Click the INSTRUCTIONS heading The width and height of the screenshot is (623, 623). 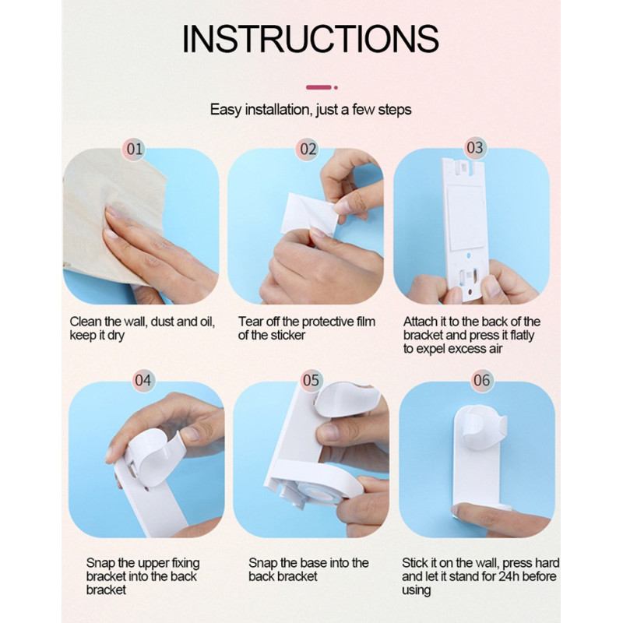[310, 38]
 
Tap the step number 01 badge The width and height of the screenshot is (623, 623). [134, 149]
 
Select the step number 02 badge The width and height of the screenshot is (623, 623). [308, 149]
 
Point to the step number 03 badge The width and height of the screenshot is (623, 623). [475, 148]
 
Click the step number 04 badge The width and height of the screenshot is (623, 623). [143, 380]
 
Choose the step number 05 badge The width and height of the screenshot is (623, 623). [311, 380]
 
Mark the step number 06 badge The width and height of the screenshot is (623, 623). [481, 380]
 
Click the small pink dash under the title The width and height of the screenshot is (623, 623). [319, 87]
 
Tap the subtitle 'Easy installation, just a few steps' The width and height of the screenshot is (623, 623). [311, 109]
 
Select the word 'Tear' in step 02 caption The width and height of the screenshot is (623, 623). [250, 321]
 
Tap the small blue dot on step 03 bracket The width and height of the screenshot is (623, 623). [469, 256]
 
